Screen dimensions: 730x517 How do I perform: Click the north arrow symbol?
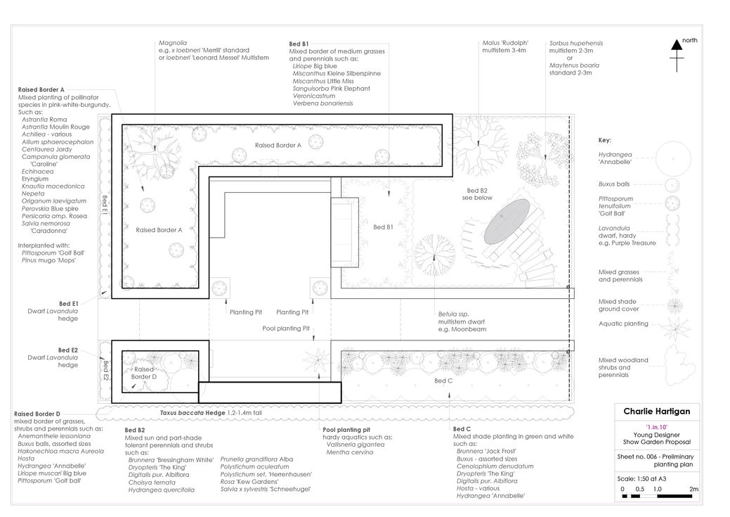pos(677,56)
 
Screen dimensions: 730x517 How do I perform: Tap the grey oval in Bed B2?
pos(507,222)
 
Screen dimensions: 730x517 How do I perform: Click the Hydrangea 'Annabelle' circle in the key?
pos(673,158)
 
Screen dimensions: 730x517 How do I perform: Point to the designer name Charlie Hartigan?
pos(656,411)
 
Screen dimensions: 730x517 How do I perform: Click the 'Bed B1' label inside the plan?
pos(383,227)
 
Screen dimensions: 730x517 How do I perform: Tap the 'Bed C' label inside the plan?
pos(443,381)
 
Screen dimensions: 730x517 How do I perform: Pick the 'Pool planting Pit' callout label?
pos(286,328)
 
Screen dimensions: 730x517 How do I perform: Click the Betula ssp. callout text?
pos(453,314)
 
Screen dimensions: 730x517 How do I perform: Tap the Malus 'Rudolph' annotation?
pos(505,43)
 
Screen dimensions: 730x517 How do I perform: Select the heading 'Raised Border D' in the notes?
pos(37,414)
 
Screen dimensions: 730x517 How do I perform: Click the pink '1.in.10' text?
pos(656,427)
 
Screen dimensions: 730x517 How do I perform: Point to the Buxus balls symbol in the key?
pos(672,185)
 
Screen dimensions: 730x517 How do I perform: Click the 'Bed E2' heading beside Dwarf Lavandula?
pos(68,350)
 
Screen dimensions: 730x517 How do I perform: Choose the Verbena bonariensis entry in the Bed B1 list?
pos(322,103)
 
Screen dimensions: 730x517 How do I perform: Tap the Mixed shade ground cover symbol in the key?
pos(674,306)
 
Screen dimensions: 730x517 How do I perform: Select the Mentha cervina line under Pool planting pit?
pos(350,452)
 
